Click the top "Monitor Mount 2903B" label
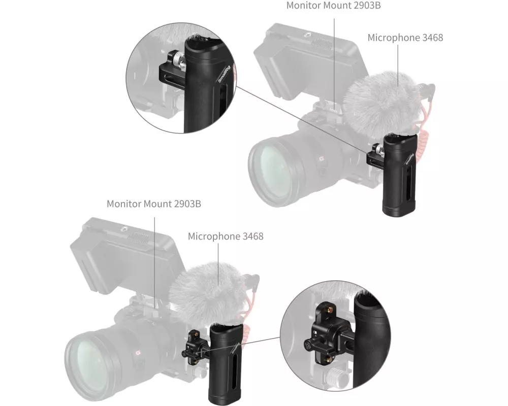click(x=333, y=6)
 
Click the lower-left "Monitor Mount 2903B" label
click(x=154, y=204)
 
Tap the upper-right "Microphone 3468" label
click(x=405, y=38)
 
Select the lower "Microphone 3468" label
click(x=226, y=236)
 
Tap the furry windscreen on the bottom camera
click(x=208, y=295)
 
